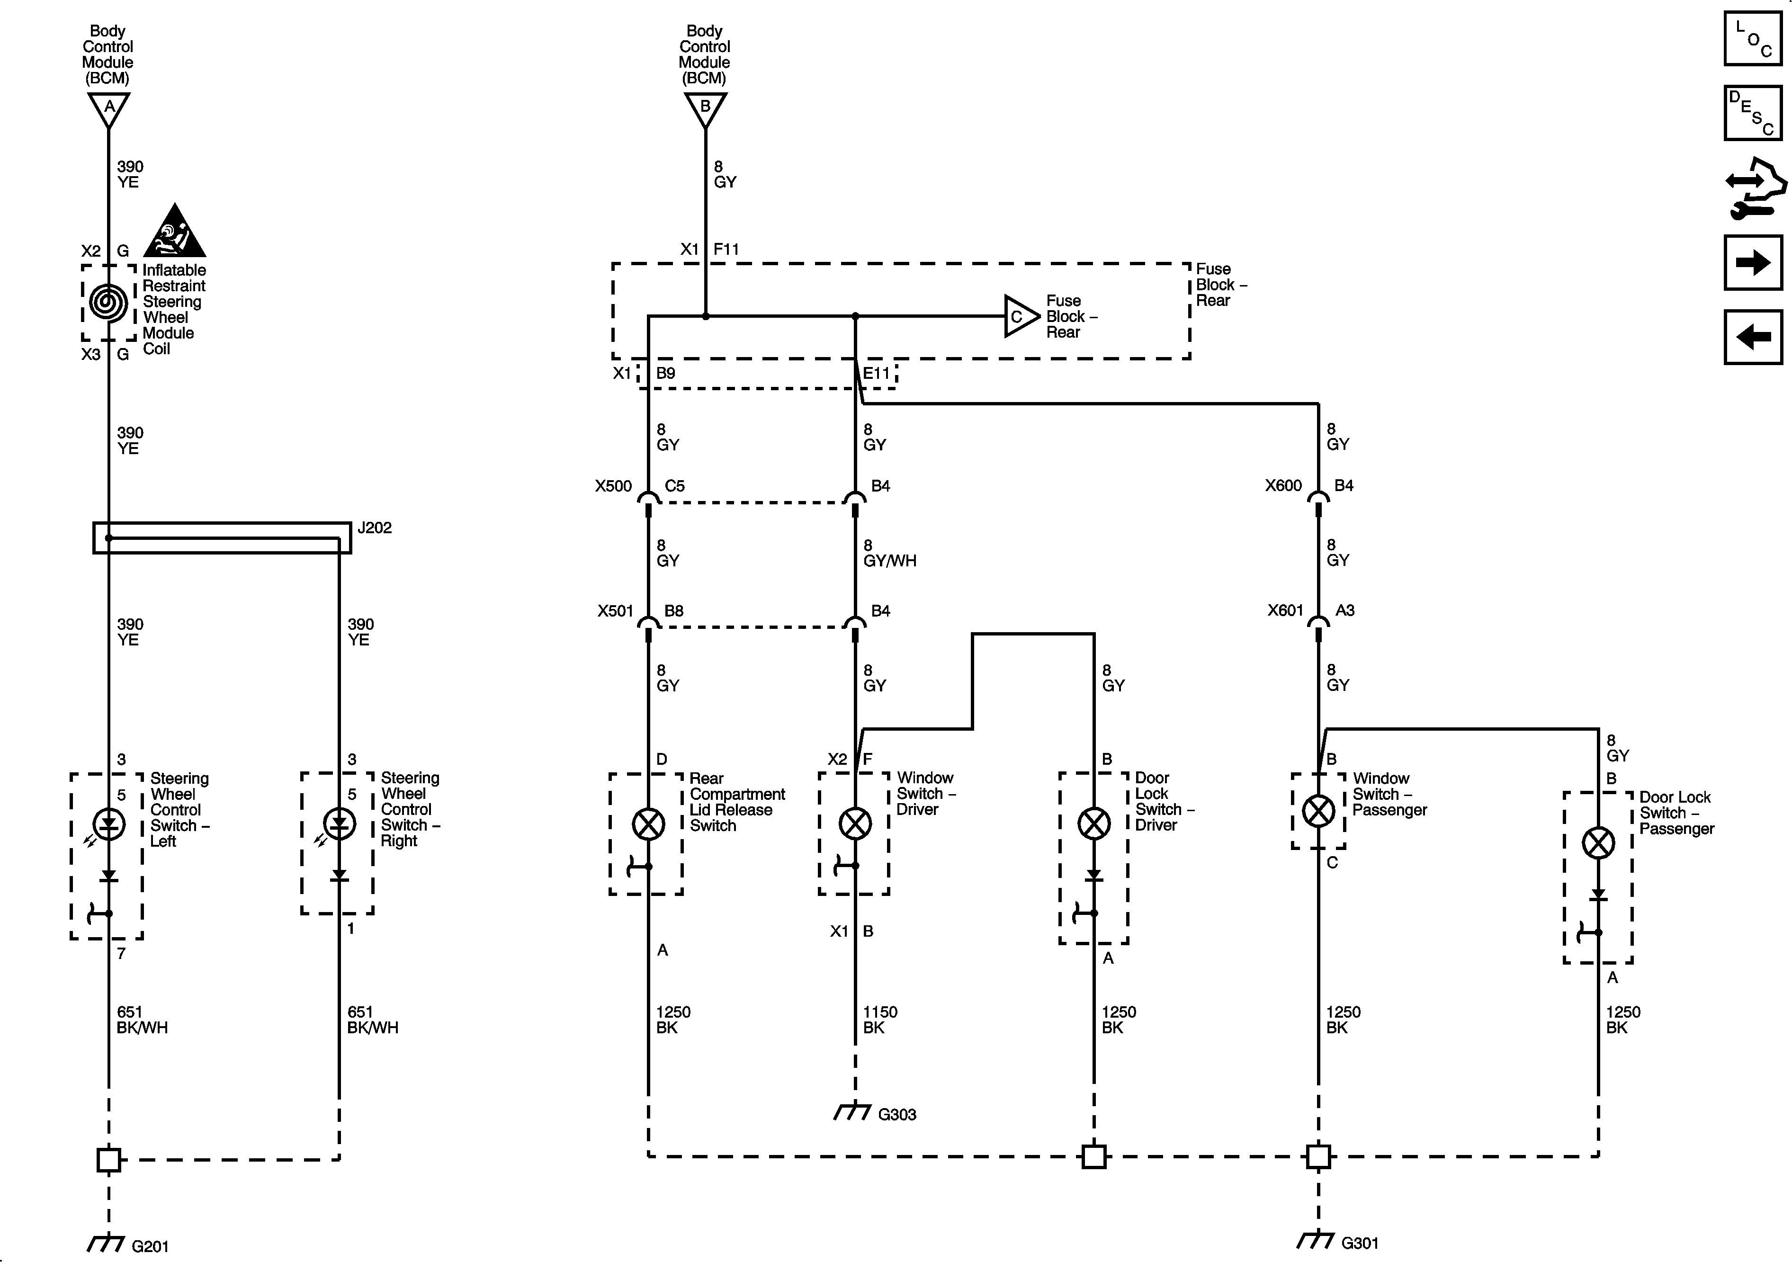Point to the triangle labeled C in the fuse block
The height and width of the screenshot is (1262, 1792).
(1019, 316)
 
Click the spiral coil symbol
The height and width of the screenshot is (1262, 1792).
(108, 302)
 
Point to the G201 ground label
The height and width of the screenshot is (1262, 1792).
(149, 1246)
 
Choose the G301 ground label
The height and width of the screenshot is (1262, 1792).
(1360, 1243)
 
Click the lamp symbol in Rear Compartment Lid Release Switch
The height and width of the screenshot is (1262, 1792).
(648, 824)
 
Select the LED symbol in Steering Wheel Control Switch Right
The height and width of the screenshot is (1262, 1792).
(339, 824)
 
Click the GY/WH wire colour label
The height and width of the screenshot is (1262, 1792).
(890, 560)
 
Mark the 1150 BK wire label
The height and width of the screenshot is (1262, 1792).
(879, 1019)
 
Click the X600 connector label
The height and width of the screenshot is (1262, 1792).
(1283, 485)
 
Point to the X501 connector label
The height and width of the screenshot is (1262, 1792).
(615, 611)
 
